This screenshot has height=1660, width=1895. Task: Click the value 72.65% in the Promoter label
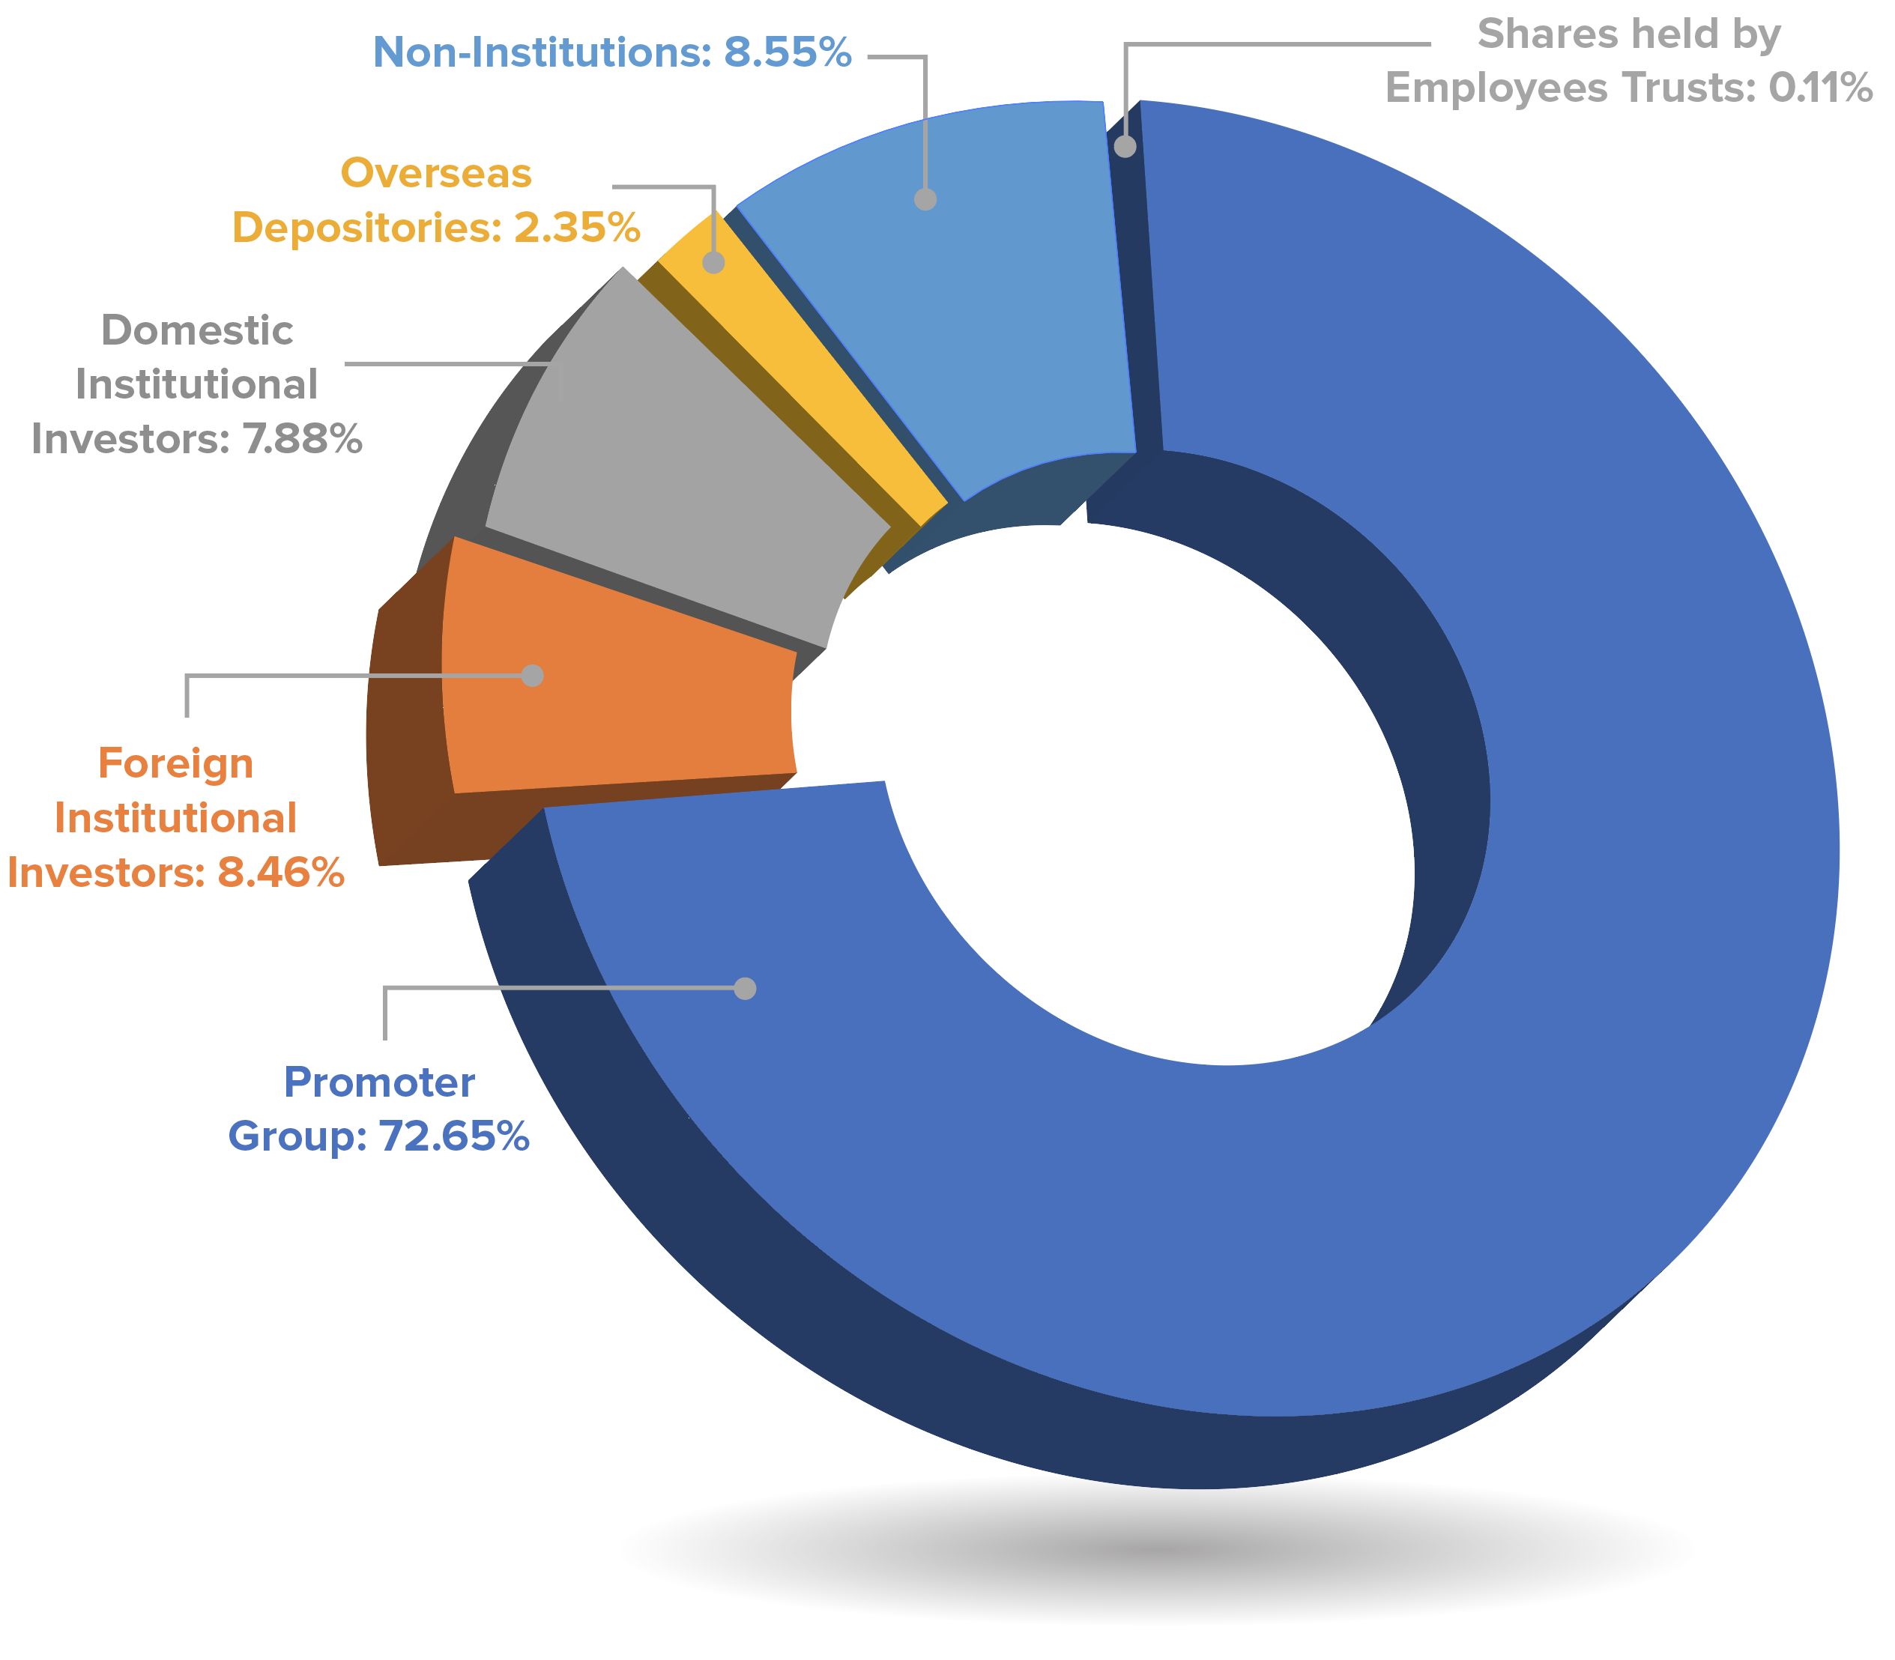click(454, 1136)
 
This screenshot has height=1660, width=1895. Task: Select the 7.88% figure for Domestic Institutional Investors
click(302, 439)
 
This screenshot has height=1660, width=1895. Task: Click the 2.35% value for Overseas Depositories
click(576, 228)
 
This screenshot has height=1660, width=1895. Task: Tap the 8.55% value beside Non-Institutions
click(787, 52)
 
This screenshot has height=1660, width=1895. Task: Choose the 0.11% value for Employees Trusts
click(1820, 89)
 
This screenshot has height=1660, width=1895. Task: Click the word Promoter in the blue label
click(379, 1082)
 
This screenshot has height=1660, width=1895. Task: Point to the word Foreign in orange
click(175, 764)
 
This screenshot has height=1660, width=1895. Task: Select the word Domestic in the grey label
click(196, 330)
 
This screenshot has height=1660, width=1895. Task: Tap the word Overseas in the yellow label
click(436, 173)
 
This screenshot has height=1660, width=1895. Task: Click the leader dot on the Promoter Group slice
click(745, 988)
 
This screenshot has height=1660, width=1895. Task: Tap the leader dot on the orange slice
click(532, 675)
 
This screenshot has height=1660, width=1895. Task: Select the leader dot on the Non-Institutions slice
click(925, 199)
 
